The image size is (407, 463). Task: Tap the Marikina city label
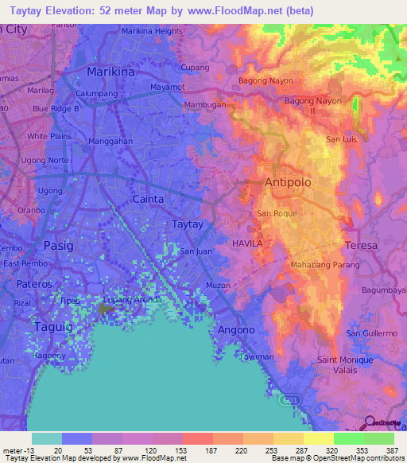pyautogui.click(x=110, y=71)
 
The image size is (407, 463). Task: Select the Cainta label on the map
pyautogui.click(x=148, y=199)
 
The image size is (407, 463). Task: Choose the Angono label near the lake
pyautogui.click(x=237, y=329)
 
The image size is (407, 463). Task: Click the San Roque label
pyautogui.click(x=277, y=214)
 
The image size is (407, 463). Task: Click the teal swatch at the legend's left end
pyautogui.click(x=46, y=438)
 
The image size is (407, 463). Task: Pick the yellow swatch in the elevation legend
pyautogui.click(x=318, y=438)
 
